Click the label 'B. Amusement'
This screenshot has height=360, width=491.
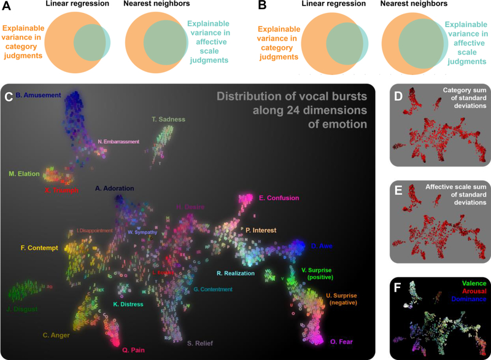pyautogui.click(x=38, y=95)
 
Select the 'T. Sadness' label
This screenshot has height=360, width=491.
pyautogui.click(x=168, y=119)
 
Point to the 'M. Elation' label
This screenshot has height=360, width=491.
pyautogui.click(x=24, y=174)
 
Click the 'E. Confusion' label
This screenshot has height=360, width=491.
pyautogui.click(x=279, y=198)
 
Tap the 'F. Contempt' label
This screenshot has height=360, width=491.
pyautogui.click(x=39, y=248)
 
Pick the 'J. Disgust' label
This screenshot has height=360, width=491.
pyautogui.click(x=21, y=309)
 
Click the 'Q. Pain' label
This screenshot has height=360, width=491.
pyautogui.click(x=133, y=350)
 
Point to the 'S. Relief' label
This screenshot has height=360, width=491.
pyautogui.click(x=199, y=343)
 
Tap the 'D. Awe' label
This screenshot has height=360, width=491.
pyautogui.click(x=322, y=246)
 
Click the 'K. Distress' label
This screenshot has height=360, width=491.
pyautogui.click(x=128, y=304)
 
